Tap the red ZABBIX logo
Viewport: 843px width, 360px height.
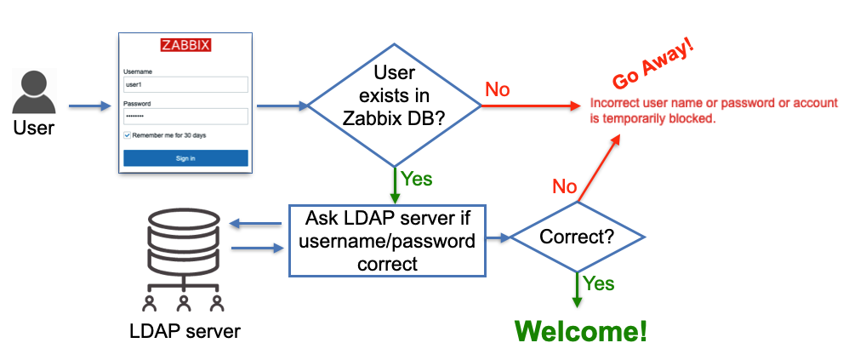pos(185,45)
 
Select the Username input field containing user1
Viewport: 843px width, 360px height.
pos(185,85)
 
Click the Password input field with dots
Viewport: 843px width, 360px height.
pos(185,116)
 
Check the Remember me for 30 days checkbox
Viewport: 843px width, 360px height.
pos(128,135)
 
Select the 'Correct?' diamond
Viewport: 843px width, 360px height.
pos(578,237)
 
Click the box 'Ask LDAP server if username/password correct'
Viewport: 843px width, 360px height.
pos(387,241)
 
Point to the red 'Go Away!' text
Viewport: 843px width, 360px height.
pos(653,67)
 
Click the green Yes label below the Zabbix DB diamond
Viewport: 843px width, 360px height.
pos(417,179)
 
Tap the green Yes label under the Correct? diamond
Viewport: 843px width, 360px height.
pos(599,284)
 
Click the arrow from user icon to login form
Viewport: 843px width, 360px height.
pos(89,106)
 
